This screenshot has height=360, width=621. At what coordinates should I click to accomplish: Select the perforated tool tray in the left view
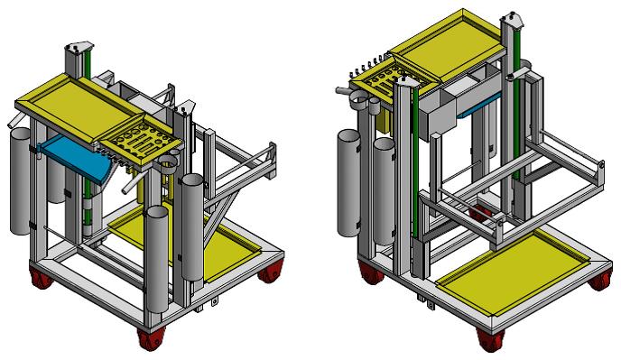(144, 142)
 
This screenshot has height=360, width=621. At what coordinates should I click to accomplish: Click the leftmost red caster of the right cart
(369, 274)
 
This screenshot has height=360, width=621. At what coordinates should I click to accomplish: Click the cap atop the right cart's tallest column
(513, 16)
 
